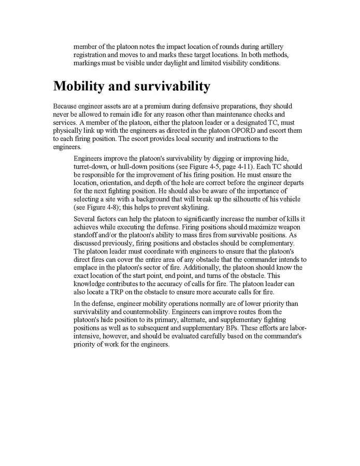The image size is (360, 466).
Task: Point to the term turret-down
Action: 93,167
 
